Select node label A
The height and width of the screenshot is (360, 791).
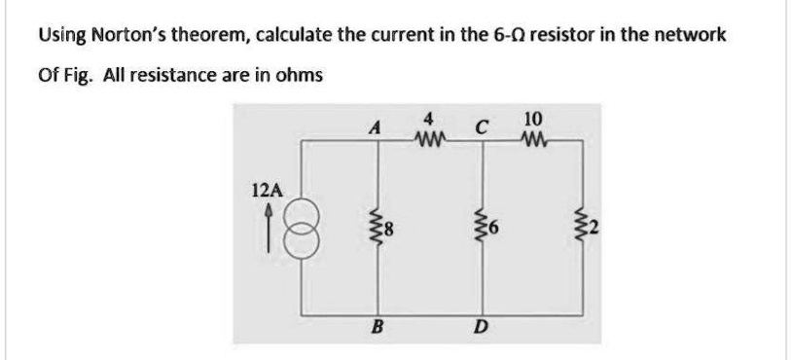coord(374,126)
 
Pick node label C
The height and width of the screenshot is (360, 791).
coord(481,126)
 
